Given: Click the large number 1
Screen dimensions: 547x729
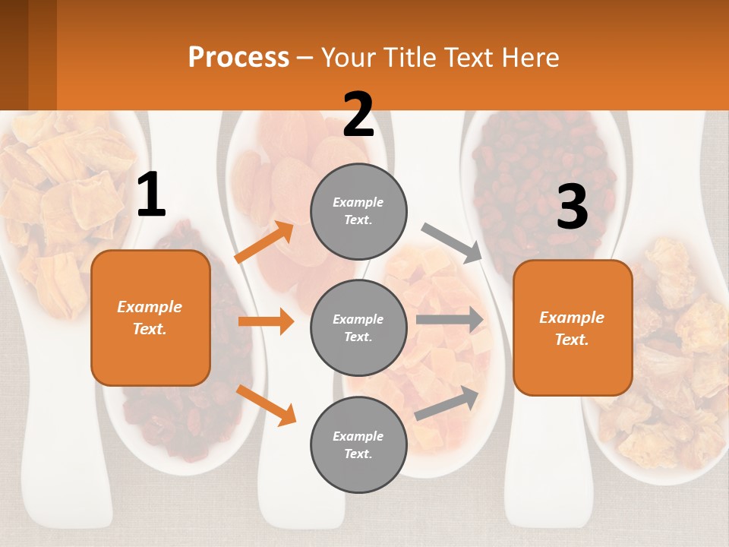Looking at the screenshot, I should (x=151, y=195).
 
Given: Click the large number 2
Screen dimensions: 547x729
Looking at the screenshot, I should (x=358, y=115).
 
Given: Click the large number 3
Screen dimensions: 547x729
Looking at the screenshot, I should (x=572, y=207).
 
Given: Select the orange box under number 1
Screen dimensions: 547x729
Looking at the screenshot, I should (x=150, y=318).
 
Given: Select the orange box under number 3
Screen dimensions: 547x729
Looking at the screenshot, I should (x=573, y=328).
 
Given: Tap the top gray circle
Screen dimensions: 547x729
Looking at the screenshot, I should (x=358, y=211).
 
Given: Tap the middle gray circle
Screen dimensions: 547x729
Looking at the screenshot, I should (x=358, y=327).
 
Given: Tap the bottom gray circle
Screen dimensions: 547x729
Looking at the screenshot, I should (x=358, y=444).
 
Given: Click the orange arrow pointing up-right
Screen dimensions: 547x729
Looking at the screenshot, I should (x=264, y=242).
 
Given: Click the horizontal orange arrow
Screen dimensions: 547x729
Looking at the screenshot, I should (x=266, y=321).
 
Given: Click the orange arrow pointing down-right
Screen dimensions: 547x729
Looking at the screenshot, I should (x=266, y=404).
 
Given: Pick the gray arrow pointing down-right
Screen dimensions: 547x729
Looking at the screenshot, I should (x=452, y=242).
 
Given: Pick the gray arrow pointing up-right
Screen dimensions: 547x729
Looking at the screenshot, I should (x=447, y=403).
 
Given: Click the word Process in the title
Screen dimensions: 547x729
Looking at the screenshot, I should (x=238, y=57).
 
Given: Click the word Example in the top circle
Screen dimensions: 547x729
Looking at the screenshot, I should (x=358, y=202).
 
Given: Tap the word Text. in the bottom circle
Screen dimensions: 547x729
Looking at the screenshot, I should (x=358, y=454).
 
